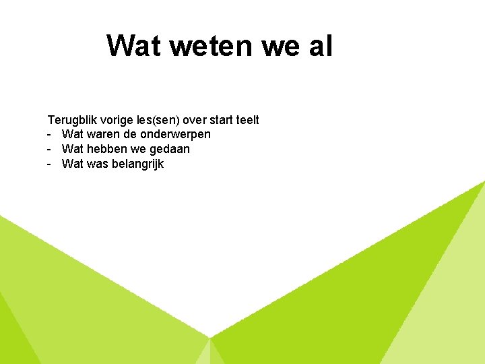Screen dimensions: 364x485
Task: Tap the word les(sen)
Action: [161, 120]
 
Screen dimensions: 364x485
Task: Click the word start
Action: [228, 120]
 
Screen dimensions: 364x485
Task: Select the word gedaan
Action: [168, 150]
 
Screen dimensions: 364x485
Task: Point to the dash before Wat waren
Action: [50, 135]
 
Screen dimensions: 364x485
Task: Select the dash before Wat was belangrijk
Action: [50, 164]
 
